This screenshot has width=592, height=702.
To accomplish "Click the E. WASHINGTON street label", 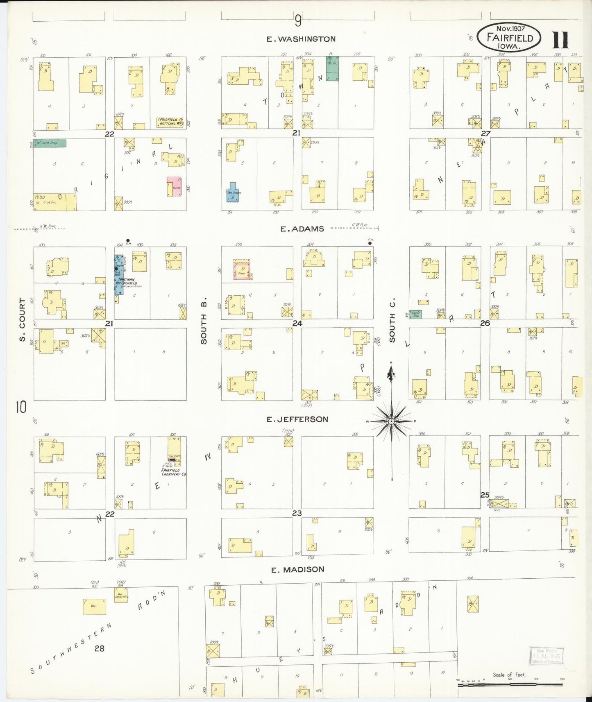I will [x=301, y=39].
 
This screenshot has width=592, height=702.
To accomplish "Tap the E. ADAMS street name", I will [x=302, y=229].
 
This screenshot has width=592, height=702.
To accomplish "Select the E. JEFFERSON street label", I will [x=297, y=419].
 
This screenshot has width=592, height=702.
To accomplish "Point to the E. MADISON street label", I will [x=298, y=569].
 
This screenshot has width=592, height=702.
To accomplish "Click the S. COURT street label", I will [x=22, y=319].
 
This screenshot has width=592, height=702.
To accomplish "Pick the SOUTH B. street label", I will [x=204, y=321].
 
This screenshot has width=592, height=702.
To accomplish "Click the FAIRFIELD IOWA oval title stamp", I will [x=509, y=37].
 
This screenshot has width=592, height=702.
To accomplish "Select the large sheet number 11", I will [x=560, y=40].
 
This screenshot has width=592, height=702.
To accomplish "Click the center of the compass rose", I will [x=391, y=421].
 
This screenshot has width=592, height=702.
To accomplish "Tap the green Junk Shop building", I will [x=50, y=143].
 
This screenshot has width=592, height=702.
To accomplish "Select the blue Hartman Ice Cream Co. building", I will [x=119, y=274].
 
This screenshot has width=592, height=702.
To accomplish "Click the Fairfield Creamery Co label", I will [x=173, y=472].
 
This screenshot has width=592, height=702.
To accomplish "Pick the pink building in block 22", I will [x=174, y=186].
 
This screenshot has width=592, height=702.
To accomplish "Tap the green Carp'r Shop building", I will [x=415, y=315].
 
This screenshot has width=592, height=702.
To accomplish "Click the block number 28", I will [x=100, y=648].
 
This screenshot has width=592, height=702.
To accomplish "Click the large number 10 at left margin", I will [x=21, y=407].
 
